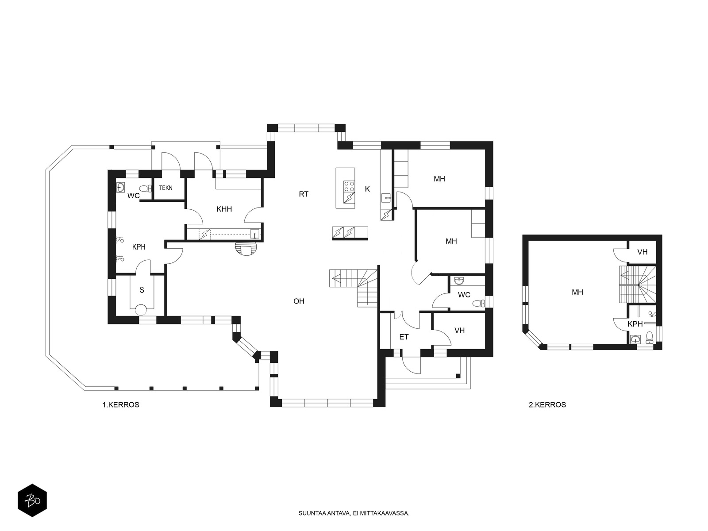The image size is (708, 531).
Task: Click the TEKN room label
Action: tap(165, 188)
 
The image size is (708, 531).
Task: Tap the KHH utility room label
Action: tap(224, 209)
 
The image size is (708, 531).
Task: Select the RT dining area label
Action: tap(304, 194)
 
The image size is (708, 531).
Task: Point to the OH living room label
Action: tap(299, 301)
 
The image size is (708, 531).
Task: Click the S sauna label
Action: tap(142, 290)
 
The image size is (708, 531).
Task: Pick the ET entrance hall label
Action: tap(404, 337)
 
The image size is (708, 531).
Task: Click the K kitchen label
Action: tap(367, 189)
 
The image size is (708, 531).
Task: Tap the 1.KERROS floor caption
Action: tap(121, 404)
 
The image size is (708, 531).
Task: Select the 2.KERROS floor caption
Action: tap(547, 404)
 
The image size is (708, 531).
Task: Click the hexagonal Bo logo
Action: tap(32, 500)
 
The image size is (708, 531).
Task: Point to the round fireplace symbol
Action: tap(247, 249)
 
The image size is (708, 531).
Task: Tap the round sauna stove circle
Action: tap(141, 310)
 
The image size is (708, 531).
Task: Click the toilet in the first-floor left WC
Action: tap(146, 189)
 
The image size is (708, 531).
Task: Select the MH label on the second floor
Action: tap(577, 292)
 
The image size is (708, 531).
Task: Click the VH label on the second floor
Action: tap(642, 252)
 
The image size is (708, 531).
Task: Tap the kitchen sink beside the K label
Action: tap(386, 198)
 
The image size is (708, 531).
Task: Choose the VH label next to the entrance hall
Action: tap(459, 330)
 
